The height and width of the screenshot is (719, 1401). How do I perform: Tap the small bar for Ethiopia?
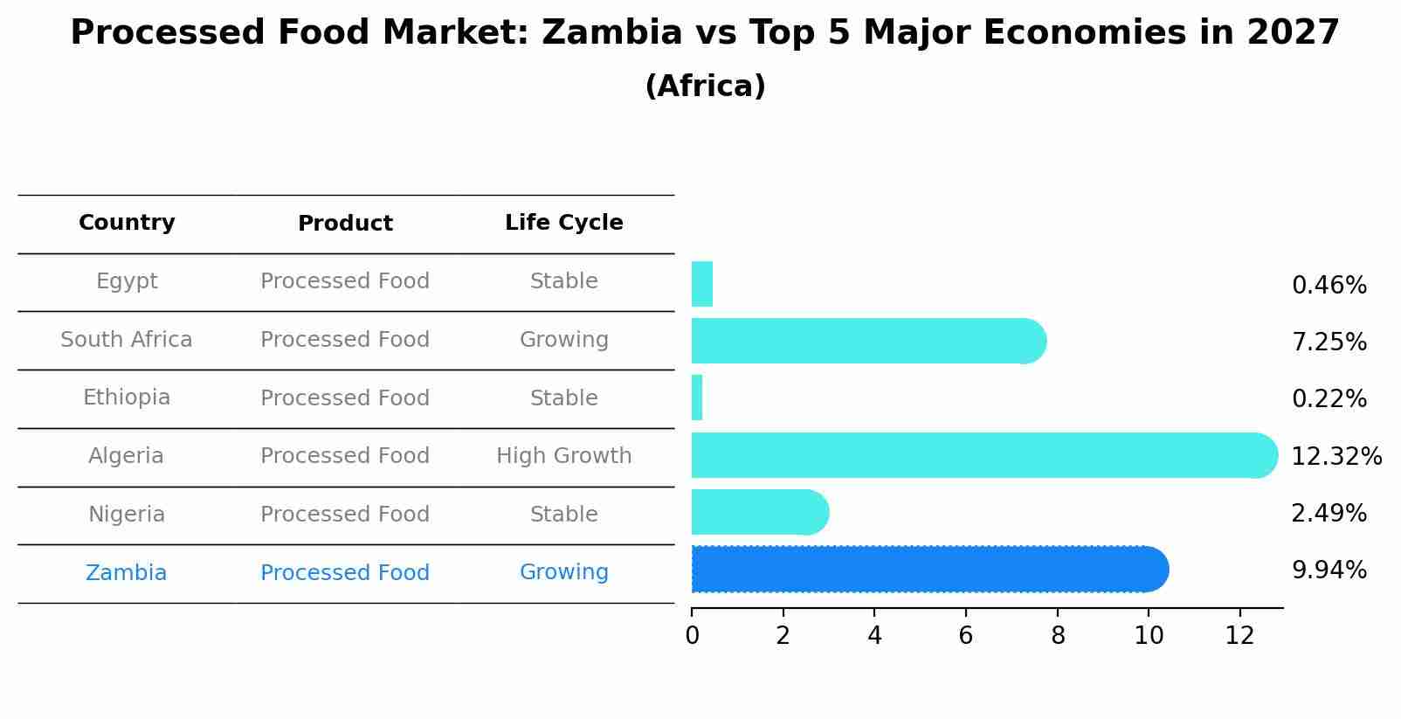coord(697,398)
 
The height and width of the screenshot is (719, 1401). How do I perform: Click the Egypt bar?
coord(702,284)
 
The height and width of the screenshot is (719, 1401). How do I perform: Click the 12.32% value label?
coord(1335,457)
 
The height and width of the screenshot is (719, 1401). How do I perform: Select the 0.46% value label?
coord(1329,286)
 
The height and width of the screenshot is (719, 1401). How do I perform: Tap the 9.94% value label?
coord(1329,570)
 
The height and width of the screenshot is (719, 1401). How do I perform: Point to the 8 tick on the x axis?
coord(1058,636)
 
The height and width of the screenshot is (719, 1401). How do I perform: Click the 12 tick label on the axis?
coord(1239,636)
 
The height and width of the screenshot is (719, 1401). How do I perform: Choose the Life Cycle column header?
coord(563,223)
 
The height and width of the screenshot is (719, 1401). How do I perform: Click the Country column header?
coord(127,223)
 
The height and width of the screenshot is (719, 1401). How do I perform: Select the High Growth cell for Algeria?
coord(563,456)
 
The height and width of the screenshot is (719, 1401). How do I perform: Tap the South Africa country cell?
coord(127,340)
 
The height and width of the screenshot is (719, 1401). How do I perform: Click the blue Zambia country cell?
coord(127,573)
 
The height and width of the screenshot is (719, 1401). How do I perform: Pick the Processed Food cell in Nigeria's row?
coord(345,515)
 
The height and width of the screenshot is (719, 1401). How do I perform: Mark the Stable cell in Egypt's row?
coord(563,281)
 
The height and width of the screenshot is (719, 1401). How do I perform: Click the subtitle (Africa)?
coord(705,86)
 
